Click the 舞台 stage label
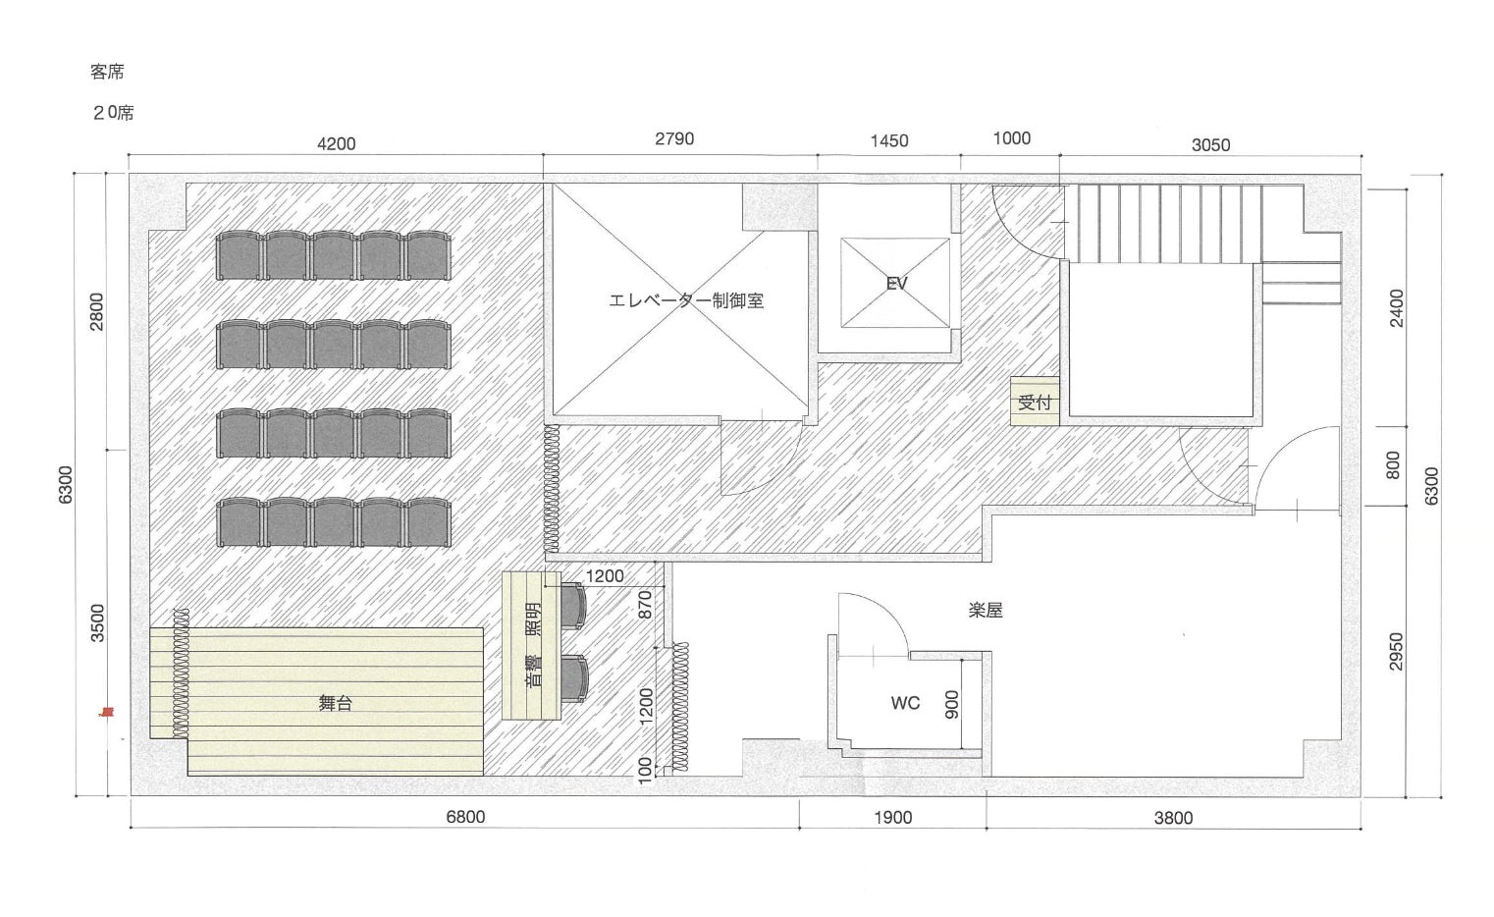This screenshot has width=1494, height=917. point(335,703)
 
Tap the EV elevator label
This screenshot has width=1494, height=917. point(896,284)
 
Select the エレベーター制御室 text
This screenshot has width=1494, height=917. point(686,300)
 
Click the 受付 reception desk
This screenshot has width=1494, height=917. point(1035,402)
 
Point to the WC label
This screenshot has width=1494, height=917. point(905,703)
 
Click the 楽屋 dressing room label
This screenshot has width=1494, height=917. point(986,611)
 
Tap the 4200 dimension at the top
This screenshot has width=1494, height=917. point(336,144)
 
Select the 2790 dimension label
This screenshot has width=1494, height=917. point(674,138)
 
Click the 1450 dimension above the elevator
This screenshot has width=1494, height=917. point(889,140)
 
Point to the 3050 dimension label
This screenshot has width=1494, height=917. point(1210,144)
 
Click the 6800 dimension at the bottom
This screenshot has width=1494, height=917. point(465,817)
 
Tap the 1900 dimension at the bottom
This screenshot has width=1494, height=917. point(893,818)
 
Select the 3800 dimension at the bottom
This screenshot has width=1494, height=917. point(1173,818)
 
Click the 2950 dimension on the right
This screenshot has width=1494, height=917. point(1396,652)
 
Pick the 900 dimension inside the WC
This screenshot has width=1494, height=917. point(952,704)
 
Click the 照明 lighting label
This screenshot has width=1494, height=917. point(534,620)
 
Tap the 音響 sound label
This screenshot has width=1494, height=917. point(534,671)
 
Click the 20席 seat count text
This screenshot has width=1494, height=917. point(114,113)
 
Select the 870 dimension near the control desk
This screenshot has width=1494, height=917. point(645,604)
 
